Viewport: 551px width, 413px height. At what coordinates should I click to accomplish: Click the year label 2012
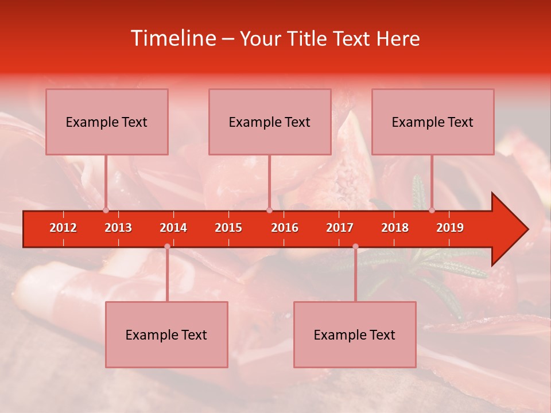(63, 228)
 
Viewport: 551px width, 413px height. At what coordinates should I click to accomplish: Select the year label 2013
(118, 228)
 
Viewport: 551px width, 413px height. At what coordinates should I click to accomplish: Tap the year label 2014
(173, 228)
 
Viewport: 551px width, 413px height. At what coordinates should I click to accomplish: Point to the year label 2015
(228, 228)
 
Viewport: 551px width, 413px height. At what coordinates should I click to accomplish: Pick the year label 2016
(285, 228)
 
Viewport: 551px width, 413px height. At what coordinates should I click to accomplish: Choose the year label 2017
(340, 228)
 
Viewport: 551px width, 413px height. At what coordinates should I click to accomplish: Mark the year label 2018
(395, 228)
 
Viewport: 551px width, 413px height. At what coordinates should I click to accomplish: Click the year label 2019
(450, 228)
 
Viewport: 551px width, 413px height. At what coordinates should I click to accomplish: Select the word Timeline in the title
(173, 38)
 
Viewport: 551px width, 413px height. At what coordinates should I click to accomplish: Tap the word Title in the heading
(309, 38)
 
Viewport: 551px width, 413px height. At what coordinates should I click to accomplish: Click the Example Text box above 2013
(107, 122)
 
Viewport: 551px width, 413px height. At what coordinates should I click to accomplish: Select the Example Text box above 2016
(270, 122)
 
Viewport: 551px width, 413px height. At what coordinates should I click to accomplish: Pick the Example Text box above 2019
(433, 122)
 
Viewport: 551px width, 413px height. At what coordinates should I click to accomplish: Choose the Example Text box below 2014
(166, 334)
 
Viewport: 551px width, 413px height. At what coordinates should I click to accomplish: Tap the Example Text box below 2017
(355, 334)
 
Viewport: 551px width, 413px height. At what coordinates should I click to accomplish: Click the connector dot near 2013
(106, 210)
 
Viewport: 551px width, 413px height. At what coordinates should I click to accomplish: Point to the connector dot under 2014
(167, 247)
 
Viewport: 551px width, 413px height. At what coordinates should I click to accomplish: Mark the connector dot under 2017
(355, 247)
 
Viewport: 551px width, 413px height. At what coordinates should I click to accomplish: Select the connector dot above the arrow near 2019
(432, 210)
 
